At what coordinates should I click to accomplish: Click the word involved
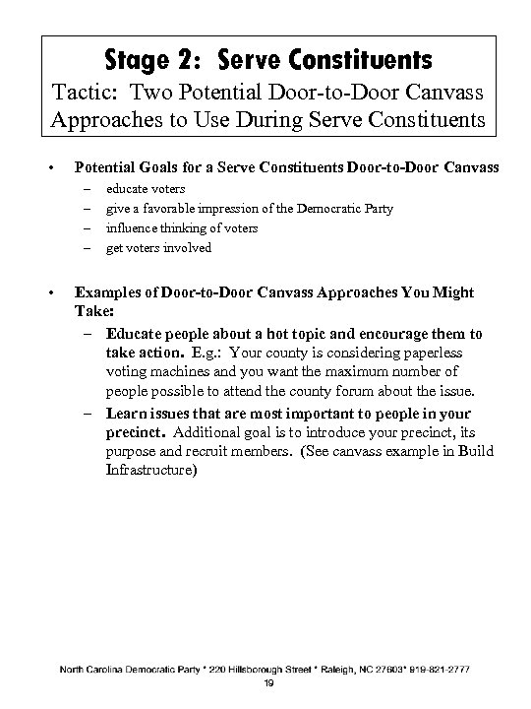190,247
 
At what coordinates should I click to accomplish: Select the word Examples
114,292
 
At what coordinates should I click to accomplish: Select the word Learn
124,412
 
